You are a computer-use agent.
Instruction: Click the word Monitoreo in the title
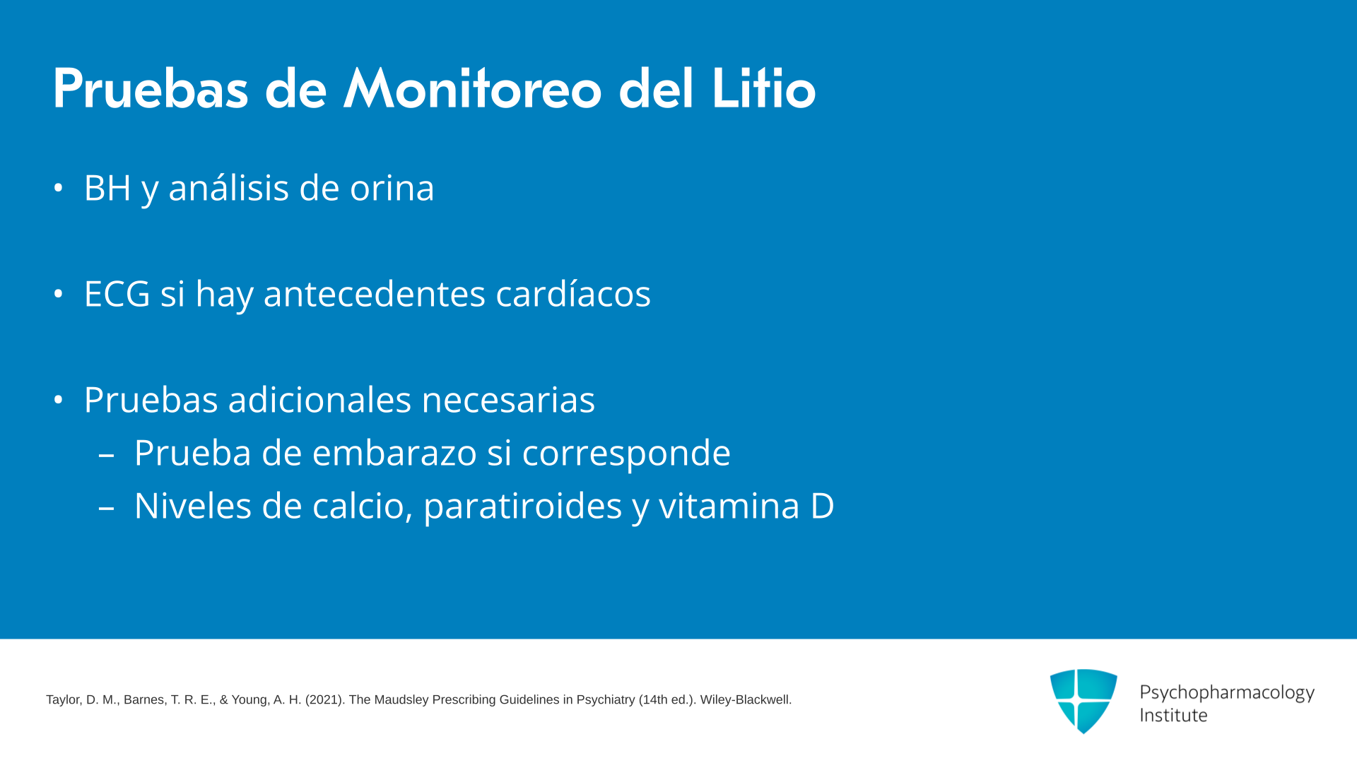click(x=472, y=89)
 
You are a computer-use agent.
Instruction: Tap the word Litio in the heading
click(x=763, y=89)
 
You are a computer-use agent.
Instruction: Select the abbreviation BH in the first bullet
click(x=107, y=188)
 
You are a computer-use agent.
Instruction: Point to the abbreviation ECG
click(x=117, y=294)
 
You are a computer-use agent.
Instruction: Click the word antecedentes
click(x=375, y=294)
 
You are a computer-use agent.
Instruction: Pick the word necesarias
click(x=508, y=401)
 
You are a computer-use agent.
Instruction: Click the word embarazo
click(x=394, y=453)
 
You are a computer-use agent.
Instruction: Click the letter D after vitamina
click(x=822, y=507)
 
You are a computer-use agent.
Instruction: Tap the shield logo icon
click(x=1083, y=701)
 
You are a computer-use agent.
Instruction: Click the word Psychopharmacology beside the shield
click(x=1227, y=692)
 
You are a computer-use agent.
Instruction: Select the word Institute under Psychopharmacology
click(x=1173, y=716)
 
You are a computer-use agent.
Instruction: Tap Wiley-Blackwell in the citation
click(x=746, y=700)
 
